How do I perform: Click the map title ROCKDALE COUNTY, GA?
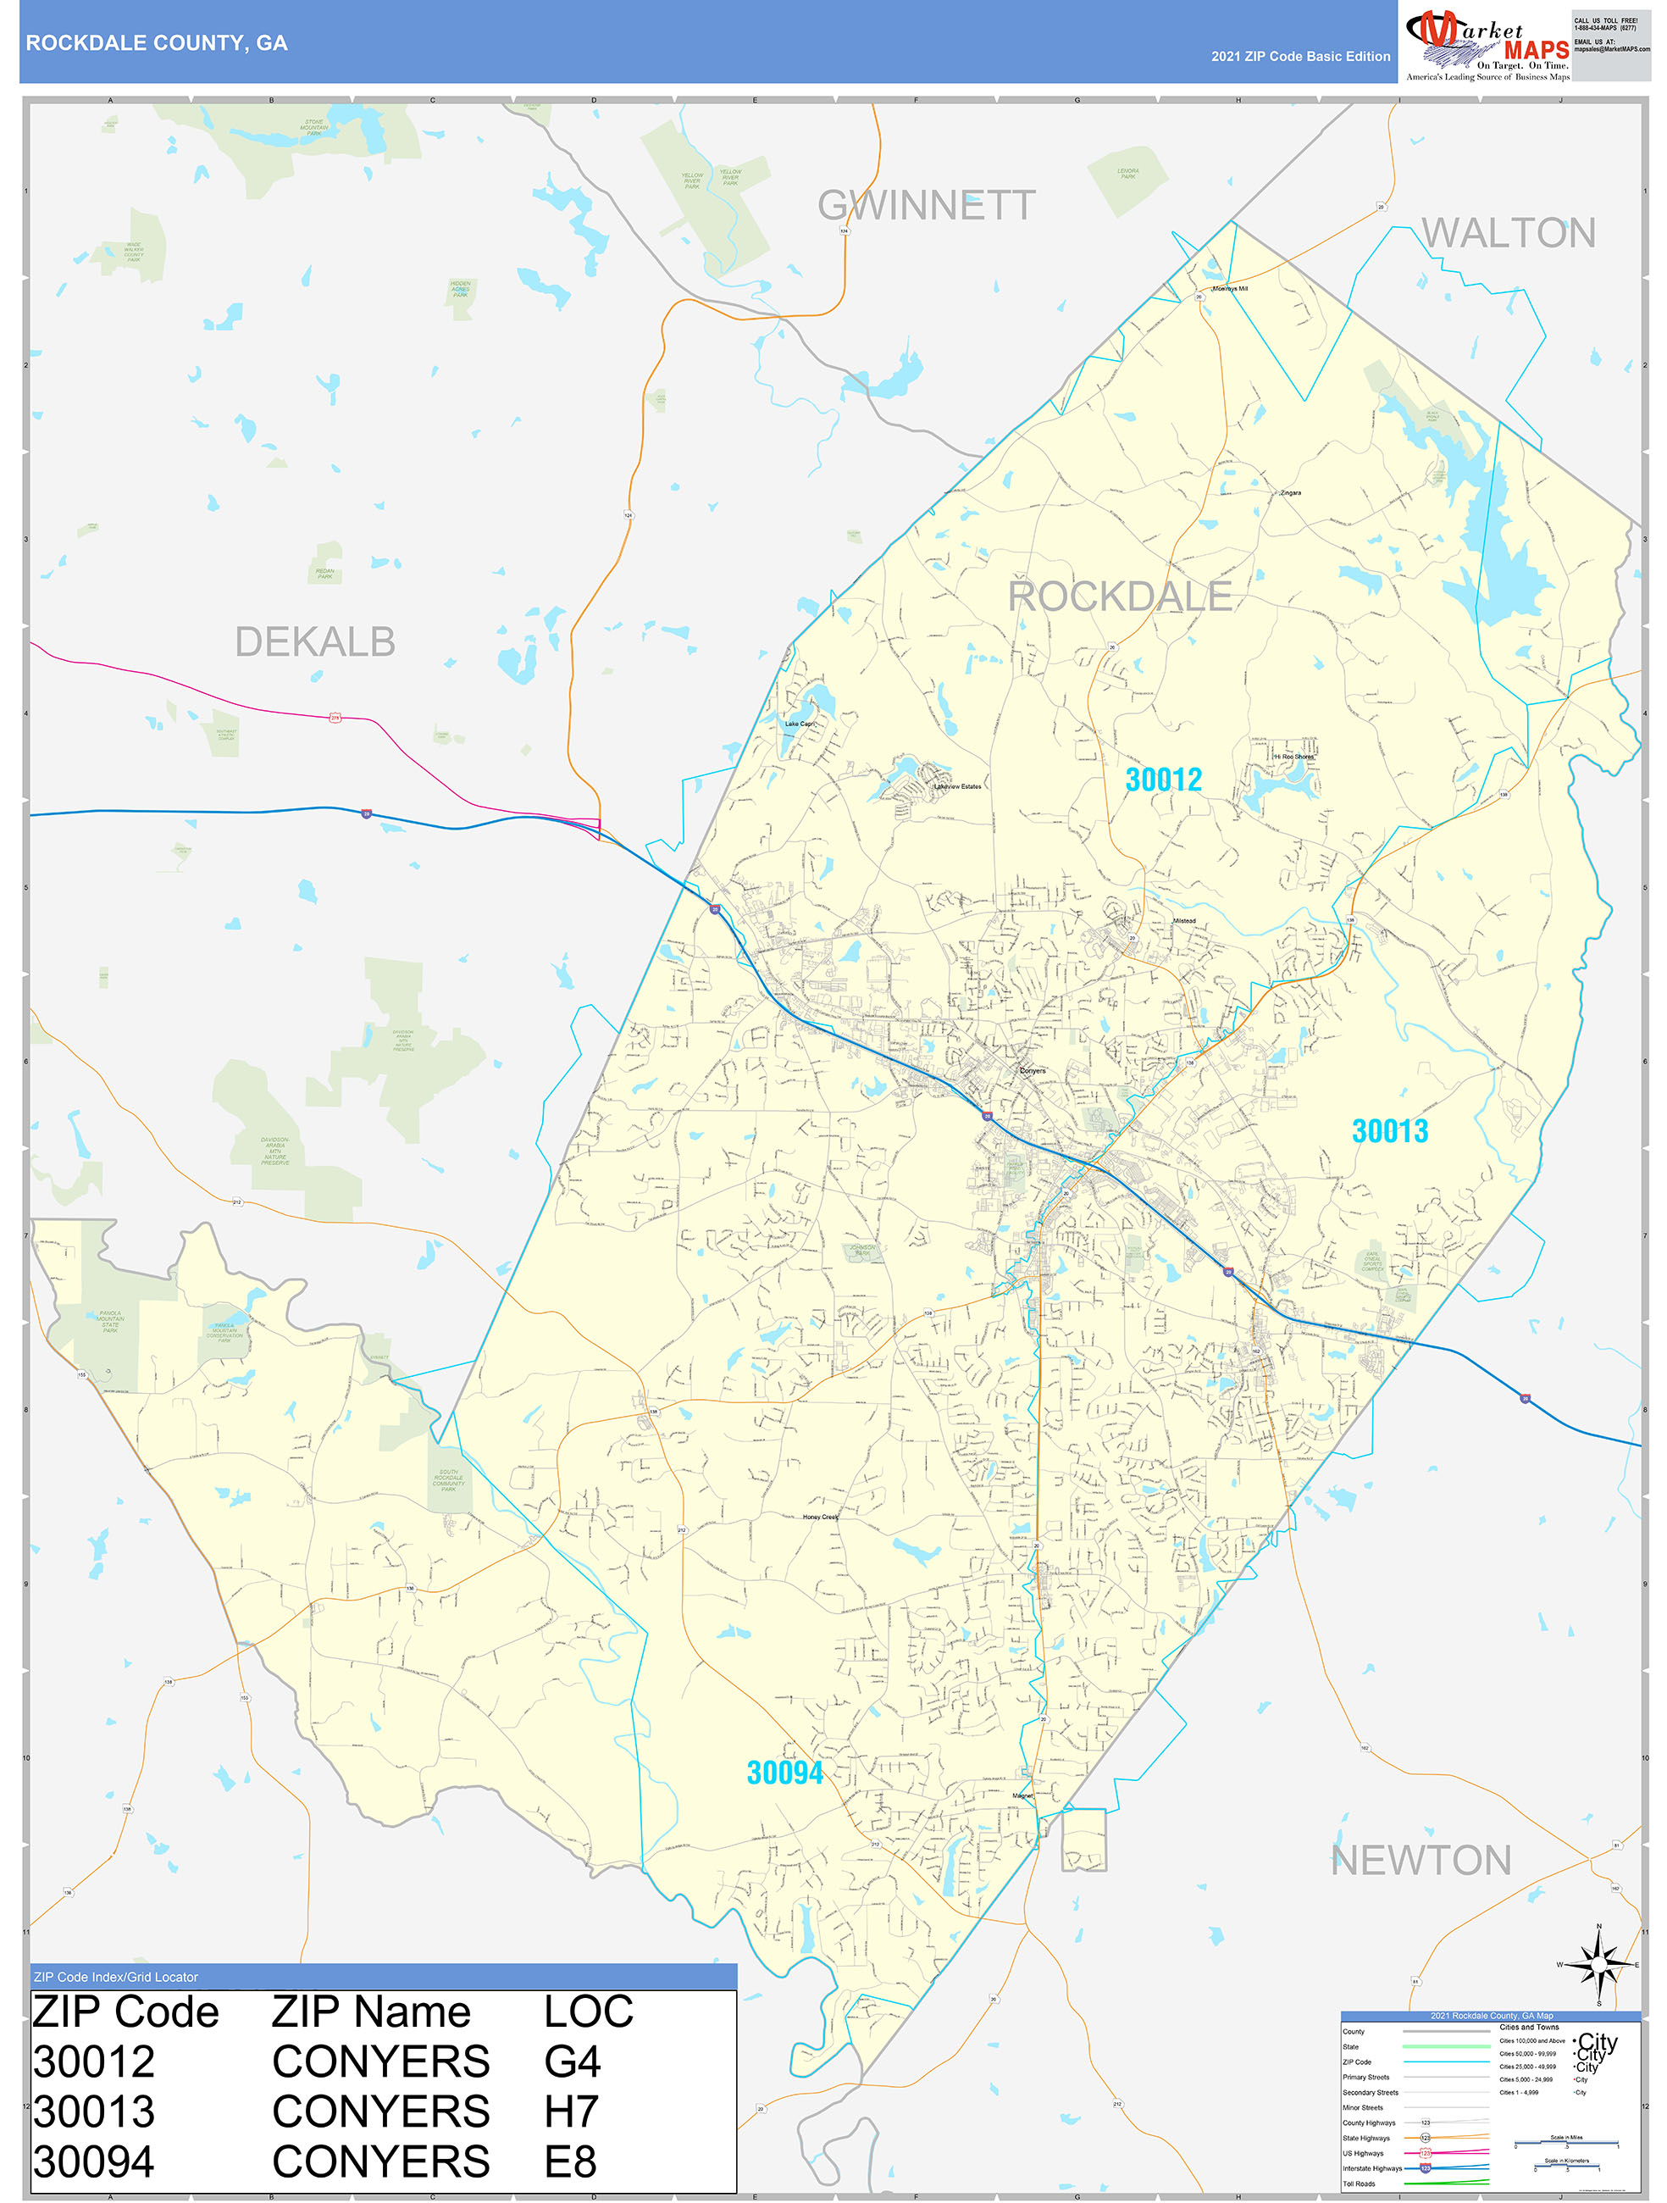(157, 43)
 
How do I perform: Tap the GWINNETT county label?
(926, 205)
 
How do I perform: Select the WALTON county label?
(1508, 233)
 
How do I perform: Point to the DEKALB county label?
(314, 642)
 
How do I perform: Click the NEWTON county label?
(1421, 1861)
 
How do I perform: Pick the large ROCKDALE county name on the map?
(1121, 597)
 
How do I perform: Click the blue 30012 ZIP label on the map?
(1163, 780)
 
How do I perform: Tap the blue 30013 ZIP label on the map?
(1389, 1131)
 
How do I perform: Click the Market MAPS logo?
(1486, 44)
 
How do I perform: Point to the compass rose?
(1598, 1965)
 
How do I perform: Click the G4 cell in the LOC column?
(572, 2062)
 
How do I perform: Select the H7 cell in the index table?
(571, 2112)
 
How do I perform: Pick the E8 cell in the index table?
(569, 2162)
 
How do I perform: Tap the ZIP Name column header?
(370, 2012)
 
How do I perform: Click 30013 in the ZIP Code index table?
(94, 2112)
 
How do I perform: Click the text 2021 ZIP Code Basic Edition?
(1299, 57)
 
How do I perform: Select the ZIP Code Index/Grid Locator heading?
(115, 1977)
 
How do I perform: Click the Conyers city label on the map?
(1033, 1071)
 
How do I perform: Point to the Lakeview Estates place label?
(957, 787)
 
